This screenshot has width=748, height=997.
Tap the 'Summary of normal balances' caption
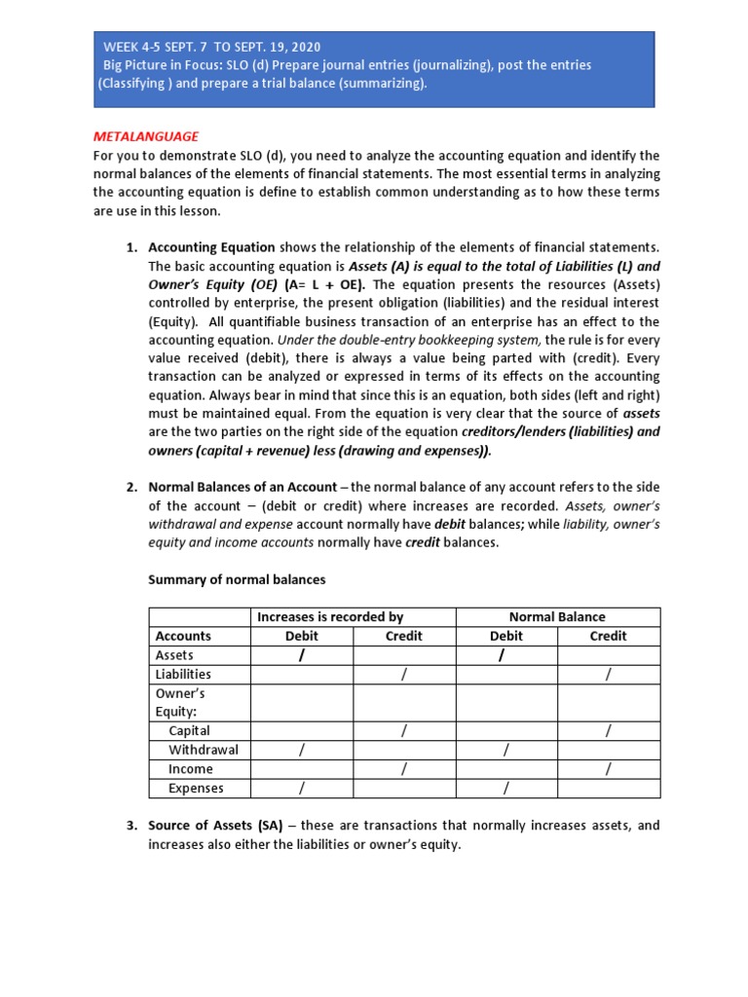click(x=237, y=579)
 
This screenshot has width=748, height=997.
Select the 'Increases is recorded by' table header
click(x=329, y=617)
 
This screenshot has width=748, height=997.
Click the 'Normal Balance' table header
click(x=557, y=617)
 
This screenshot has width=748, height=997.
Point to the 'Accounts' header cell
click(x=183, y=636)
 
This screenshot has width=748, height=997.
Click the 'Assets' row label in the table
click(x=174, y=655)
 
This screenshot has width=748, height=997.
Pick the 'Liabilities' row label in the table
click(x=183, y=674)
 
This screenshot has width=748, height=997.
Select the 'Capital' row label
click(x=189, y=730)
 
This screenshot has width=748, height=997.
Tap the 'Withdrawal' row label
click(x=203, y=750)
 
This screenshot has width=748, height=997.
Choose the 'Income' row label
click(x=190, y=769)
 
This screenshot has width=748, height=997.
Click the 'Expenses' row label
click(x=196, y=789)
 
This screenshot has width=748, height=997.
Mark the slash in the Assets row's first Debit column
click(x=302, y=656)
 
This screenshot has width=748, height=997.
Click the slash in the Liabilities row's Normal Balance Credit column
click(x=609, y=674)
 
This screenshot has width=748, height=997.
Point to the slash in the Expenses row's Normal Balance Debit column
click(x=505, y=789)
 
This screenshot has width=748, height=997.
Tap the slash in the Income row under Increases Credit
click(x=403, y=769)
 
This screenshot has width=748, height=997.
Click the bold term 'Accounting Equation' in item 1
click(x=211, y=247)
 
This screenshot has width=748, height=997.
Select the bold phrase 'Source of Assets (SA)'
click(x=215, y=826)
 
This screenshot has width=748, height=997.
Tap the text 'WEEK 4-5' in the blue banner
click(x=133, y=47)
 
